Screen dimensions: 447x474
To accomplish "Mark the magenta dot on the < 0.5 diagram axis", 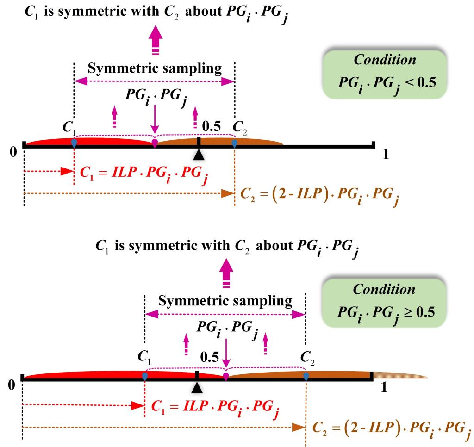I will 155,142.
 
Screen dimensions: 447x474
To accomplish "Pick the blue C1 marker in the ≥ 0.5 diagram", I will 145,377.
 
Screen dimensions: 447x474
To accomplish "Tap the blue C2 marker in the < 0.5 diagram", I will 234,144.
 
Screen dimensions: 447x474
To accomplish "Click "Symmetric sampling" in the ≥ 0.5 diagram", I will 225,302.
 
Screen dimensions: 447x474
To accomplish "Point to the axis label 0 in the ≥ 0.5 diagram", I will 12,385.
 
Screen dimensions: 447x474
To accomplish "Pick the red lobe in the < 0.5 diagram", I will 93,141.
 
